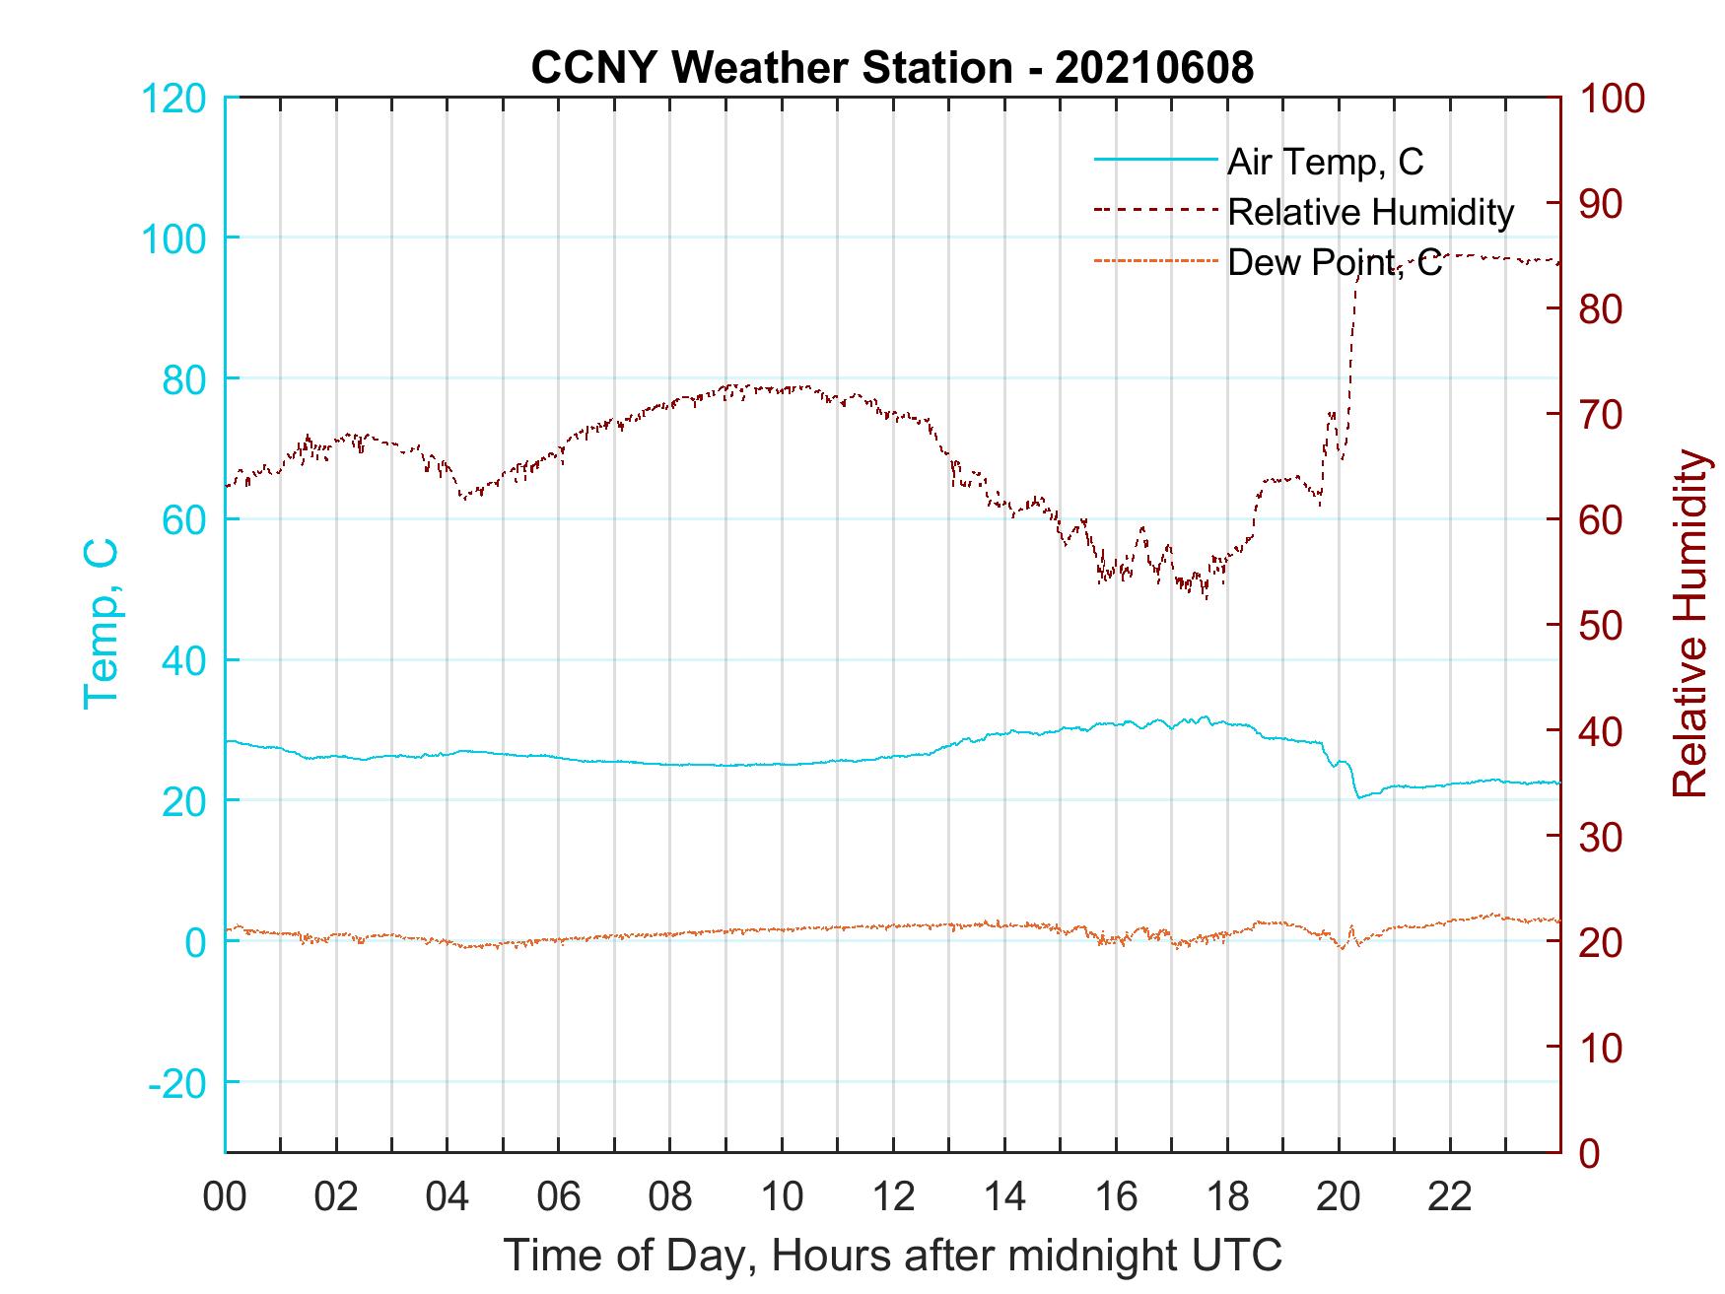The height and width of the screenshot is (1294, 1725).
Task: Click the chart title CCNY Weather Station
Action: point(892,68)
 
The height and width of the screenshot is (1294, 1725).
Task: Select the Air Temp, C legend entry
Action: point(1325,162)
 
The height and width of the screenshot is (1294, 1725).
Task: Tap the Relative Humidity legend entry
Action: point(1370,212)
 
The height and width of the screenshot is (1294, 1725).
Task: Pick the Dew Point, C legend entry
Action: point(1334,263)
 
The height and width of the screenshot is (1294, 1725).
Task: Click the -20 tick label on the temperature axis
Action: point(177,1082)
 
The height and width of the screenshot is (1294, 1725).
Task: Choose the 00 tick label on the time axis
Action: point(225,1196)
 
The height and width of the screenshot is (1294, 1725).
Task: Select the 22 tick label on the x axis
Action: point(1450,1196)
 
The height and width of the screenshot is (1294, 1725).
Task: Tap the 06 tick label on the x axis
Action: point(559,1196)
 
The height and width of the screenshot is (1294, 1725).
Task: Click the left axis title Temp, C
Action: point(101,623)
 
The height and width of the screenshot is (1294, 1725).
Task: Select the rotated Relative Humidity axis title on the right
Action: point(1690,623)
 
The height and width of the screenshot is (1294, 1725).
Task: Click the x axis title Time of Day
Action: point(892,1256)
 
